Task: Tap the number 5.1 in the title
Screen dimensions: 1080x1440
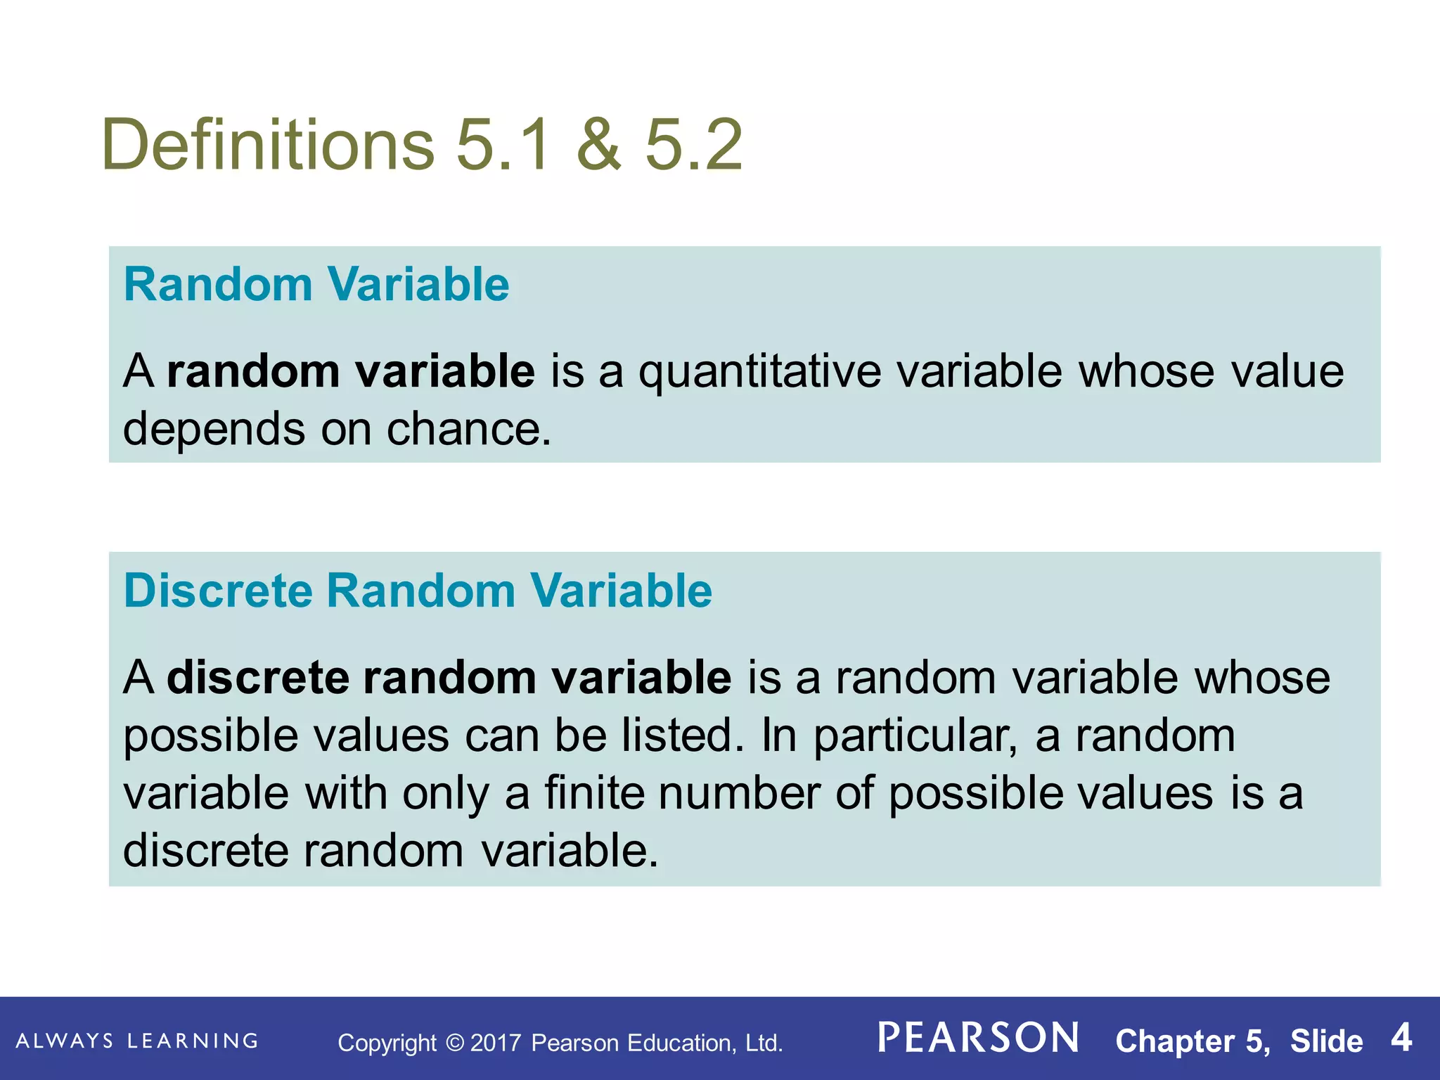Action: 503,145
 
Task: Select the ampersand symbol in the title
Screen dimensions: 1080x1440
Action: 598,145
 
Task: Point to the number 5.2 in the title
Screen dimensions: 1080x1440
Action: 693,145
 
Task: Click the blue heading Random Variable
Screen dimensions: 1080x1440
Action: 316,285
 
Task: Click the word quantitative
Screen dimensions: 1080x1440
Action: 759,373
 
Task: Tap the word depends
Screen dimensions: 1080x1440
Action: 214,430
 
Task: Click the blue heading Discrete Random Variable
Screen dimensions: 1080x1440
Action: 418,591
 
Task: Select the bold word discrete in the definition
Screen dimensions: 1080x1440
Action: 257,678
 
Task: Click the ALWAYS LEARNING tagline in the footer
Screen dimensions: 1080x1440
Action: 137,1041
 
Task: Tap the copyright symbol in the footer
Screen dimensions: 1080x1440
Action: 455,1042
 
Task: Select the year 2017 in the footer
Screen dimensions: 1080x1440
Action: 496,1043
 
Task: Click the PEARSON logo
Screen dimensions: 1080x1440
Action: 979,1039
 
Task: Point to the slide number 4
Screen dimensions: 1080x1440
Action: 1401,1039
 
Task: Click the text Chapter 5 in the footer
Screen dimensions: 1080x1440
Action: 1192,1041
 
